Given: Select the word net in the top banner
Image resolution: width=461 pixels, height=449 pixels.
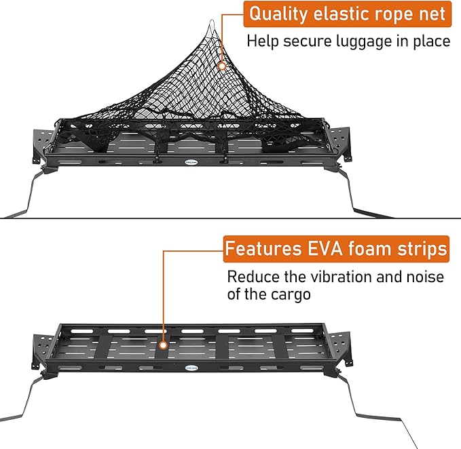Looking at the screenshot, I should [430, 14].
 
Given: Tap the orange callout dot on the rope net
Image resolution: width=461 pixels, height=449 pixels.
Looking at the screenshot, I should [223, 66].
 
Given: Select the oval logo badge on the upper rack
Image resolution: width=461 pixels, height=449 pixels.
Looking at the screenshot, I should [192, 162].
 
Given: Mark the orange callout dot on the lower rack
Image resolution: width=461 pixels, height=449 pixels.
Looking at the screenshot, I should [164, 345].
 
